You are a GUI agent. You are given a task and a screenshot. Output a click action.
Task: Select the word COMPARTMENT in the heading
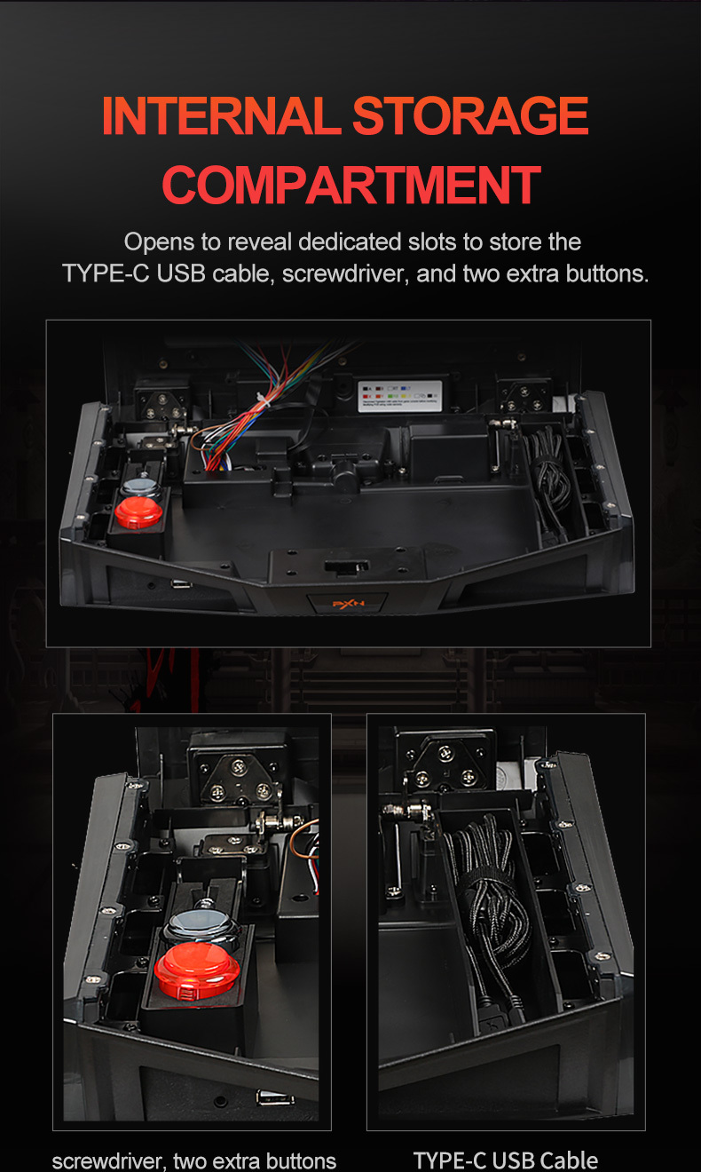351,185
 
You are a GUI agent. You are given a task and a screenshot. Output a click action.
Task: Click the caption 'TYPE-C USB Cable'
505,1160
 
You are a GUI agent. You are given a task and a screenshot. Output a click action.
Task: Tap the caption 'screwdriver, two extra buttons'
194,1160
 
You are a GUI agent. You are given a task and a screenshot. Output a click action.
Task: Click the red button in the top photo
139,512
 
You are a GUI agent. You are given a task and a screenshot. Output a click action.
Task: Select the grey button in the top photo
139,487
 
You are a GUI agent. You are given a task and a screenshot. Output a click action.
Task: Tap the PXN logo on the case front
347,604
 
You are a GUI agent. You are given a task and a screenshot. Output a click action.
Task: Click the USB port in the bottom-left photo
264,1097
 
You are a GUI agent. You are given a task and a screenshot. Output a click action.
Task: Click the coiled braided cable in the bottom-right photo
488,897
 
